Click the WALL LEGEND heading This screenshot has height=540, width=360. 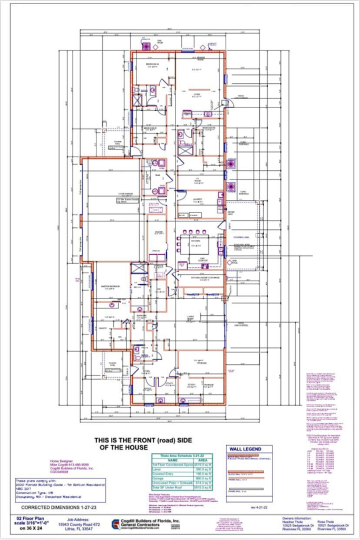click(x=244, y=449)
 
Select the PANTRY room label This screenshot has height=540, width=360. click(x=157, y=233)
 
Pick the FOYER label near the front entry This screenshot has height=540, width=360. click(x=145, y=371)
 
